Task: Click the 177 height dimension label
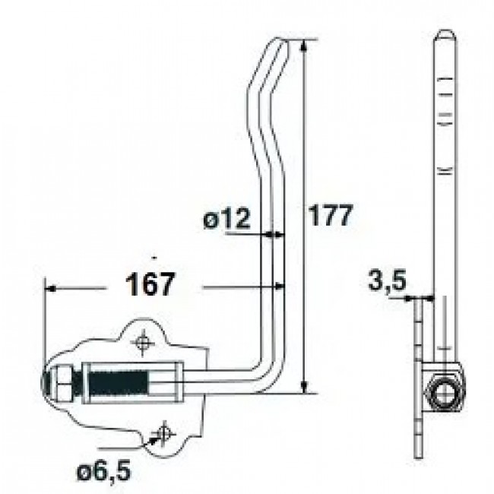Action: tap(328, 217)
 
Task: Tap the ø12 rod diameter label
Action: tap(226, 220)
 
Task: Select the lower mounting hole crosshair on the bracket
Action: tap(160, 433)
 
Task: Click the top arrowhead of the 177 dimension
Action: tap(303, 44)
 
